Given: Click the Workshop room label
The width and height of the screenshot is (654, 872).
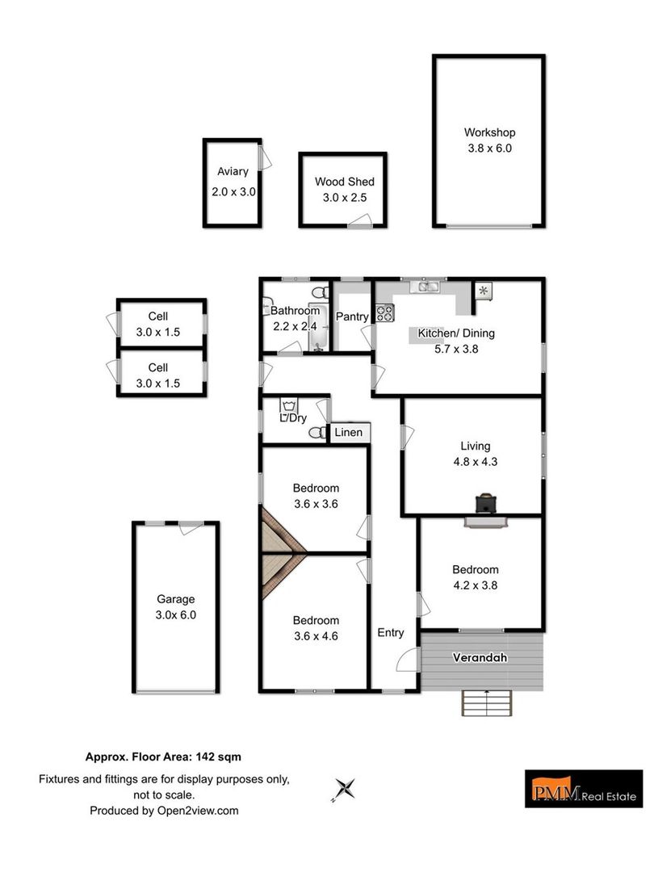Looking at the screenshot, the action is [x=489, y=132].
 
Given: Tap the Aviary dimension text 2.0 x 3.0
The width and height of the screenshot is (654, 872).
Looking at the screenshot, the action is [x=233, y=192].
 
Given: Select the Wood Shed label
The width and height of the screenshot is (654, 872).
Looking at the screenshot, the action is [x=345, y=182].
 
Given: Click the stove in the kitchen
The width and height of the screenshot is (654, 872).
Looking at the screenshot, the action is [x=385, y=312].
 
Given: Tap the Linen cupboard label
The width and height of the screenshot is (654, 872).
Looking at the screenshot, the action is [x=349, y=432].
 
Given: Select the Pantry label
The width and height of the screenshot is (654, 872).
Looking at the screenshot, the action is [x=352, y=317].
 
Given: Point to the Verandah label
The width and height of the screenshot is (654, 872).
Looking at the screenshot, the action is [x=480, y=657].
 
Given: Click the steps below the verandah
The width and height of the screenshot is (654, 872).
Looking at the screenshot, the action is [x=487, y=703].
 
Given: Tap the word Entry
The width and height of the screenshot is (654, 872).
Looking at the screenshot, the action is [x=391, y=633].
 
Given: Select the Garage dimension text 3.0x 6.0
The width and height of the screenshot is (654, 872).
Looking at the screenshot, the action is [x=176, y=615].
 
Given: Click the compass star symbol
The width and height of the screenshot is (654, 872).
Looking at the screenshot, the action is [x=344, y=789].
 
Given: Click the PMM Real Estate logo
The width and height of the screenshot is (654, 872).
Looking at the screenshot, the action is [x=584, y=789].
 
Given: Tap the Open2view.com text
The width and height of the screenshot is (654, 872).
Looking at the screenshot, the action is [x=198, y=811].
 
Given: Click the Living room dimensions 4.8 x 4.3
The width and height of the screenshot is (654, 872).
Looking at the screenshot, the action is [x=476, y=462].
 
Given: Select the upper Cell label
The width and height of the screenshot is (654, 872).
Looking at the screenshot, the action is [x=158, y=316].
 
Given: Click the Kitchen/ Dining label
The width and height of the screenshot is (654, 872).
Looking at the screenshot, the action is [x=456, y=333].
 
